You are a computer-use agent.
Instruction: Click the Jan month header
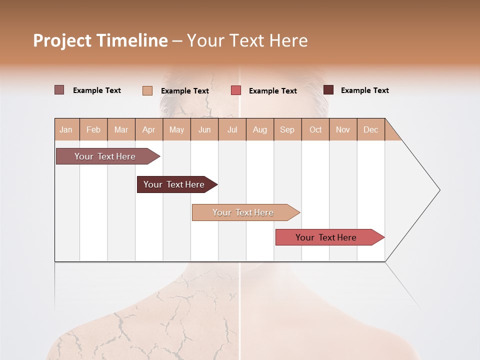click(x=66, y=129)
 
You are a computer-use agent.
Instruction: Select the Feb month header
click(x=93, y=129)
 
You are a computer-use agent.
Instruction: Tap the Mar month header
click(x=121, y=129)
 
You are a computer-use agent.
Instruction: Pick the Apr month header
click(x=148, y=129)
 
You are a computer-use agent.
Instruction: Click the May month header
click(x=176, y=129)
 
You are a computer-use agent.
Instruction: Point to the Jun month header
click(x=204, y=129)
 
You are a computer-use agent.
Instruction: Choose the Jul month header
click(x=232, y=129)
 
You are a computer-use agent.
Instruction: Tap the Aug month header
click(x=259, y=129)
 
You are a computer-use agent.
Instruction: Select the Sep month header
click(x=287, y=129)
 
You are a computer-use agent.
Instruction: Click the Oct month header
click(x=315, y=129)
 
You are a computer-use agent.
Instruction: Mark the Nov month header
click(x=343, y=129)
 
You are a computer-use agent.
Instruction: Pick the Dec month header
click(x=370, y=129)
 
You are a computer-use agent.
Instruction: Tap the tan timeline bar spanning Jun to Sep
click(x=243, y=212)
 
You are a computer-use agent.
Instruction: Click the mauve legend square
click(x=59, y=90)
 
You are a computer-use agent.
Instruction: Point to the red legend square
click(x=236, y=90)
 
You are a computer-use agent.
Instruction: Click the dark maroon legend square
click(x=328, y=90)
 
